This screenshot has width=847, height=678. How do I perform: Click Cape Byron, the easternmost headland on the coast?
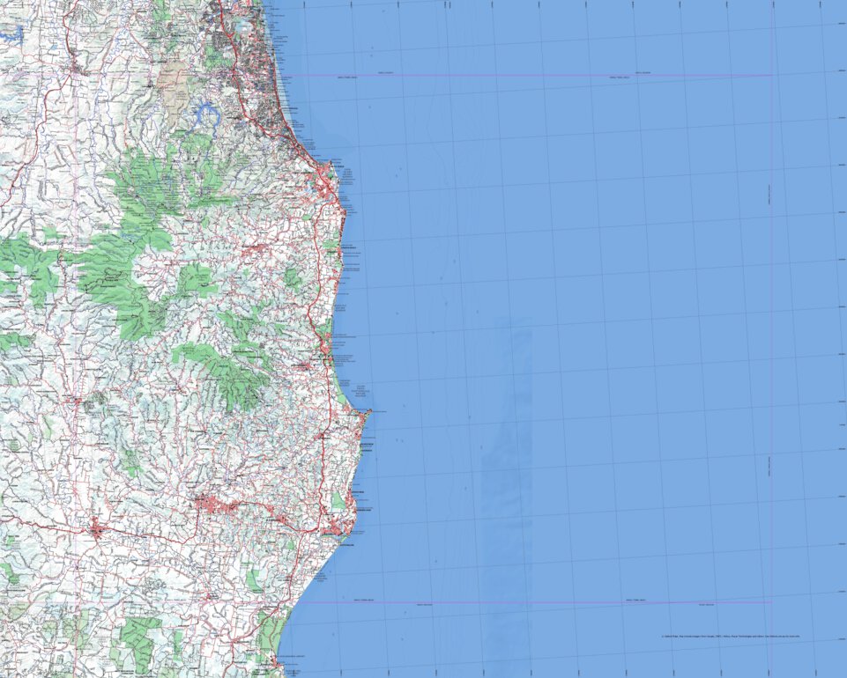pos(370,411)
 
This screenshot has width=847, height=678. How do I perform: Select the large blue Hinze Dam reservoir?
pos(208,113)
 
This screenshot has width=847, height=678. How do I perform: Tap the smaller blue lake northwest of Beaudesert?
pos(11,33)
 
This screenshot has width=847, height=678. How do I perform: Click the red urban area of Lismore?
pos(210,504)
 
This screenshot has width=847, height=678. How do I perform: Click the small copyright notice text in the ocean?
pos(732,635)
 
